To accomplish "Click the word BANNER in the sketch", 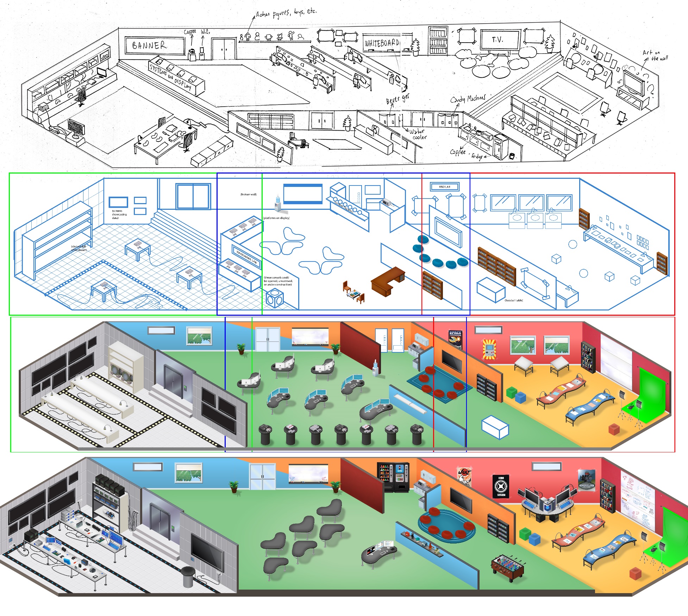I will tap(149, 45).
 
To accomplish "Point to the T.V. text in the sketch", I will tap(497, 40).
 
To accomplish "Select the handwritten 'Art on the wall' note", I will tap(655, 55).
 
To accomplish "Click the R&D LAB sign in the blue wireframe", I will tap(444, 187).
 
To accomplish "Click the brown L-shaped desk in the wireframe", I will tap(387, 281).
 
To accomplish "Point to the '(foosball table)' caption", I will tap(514, 300).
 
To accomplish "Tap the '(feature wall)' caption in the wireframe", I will tap(248, 194).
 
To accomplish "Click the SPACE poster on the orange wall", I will tap(455, 339).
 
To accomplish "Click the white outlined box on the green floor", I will tap(495, 427).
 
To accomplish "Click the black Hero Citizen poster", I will tap(501, 486).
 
